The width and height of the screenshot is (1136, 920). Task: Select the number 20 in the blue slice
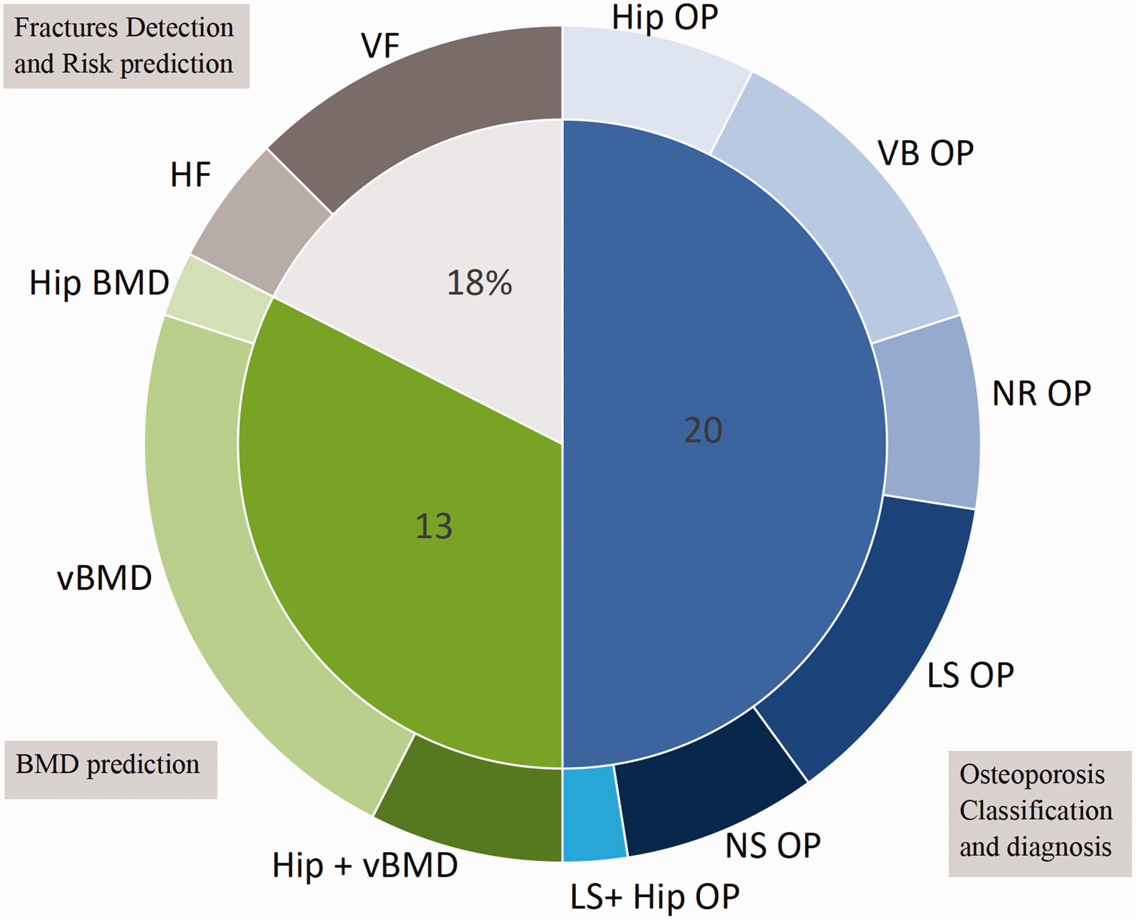coord(703,430)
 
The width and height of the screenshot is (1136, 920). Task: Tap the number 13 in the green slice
coord(434,526)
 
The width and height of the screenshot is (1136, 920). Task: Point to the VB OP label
coord(925,154)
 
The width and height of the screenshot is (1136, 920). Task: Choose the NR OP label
coord(1041,394)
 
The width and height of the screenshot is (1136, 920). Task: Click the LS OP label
coord(970,676)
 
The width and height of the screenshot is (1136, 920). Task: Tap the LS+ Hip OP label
coord(655,897)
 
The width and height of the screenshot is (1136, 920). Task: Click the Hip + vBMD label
coord(365,865)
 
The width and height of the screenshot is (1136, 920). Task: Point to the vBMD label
coord(104,578)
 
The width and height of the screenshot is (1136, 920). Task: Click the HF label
coord(190,175)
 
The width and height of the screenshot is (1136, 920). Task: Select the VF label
coord(380,46)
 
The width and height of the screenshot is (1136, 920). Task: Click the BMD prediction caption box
coord(111,769)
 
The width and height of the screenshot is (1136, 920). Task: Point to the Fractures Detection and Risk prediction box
coord(126,46)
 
